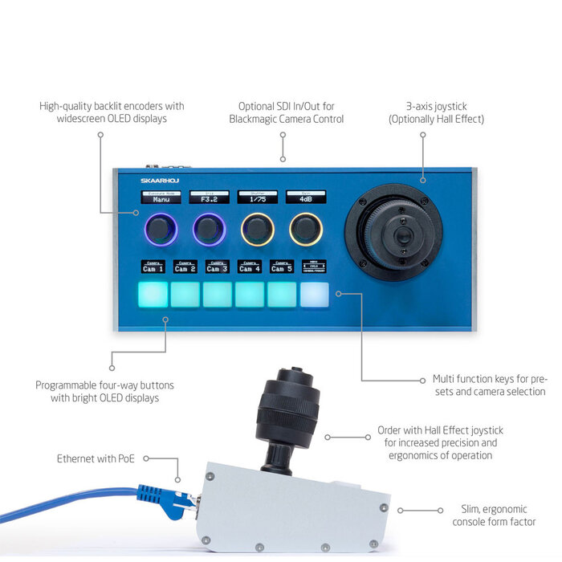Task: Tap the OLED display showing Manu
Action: [x=161, y=197]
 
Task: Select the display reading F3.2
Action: [x=209, y=197]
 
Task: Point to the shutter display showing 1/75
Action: [x=257, y=197]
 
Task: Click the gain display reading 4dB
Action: [x=306, y=197]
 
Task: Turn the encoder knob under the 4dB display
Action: [x=306, y=230]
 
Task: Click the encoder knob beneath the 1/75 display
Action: [x=257, y=230]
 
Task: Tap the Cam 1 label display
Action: [x=153, y=267]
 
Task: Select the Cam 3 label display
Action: [x=217, y=267]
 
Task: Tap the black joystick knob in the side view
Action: [x=288, y=409]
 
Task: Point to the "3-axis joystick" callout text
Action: [x=436, y=105]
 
